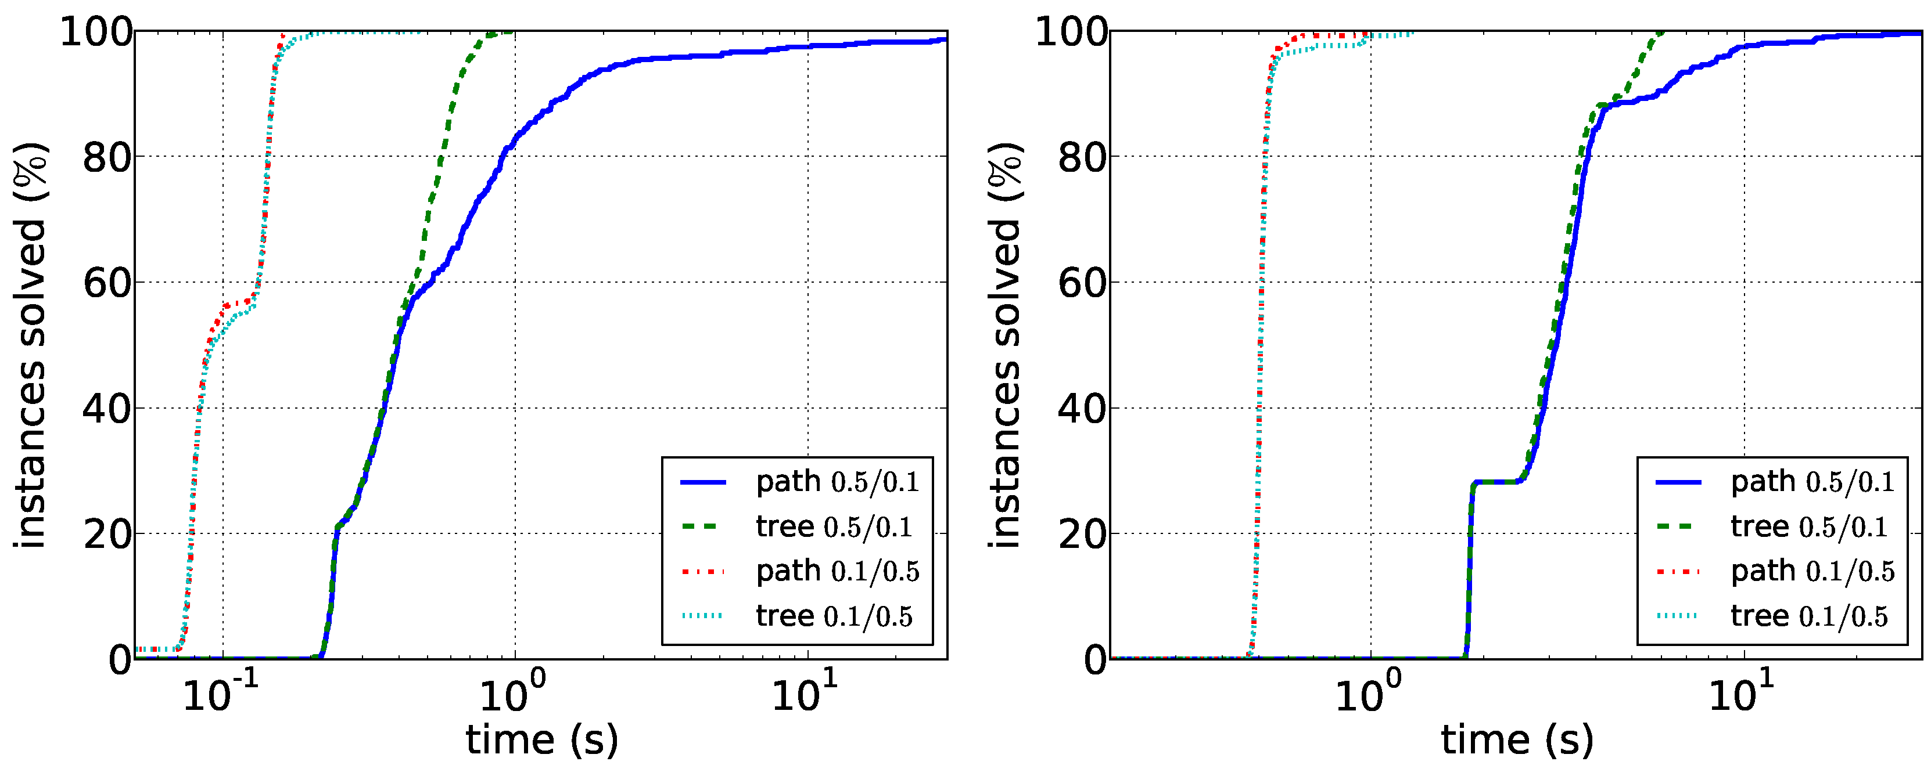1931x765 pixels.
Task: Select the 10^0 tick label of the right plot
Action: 1368,695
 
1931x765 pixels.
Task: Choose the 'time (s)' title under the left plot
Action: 542,740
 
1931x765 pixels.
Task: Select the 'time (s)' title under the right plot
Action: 1516,740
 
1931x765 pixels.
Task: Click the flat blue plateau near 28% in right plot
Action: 1495,482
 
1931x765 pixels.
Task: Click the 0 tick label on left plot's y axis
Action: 120,660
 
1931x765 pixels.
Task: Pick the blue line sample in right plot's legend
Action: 1678,482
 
